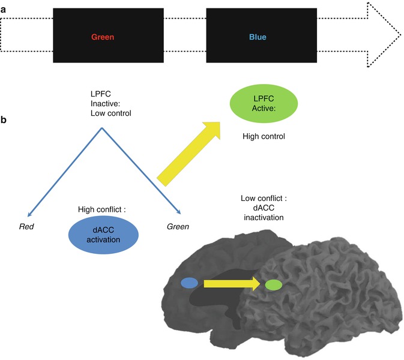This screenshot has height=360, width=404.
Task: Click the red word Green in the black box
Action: [x=103, y=37]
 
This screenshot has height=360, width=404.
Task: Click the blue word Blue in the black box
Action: [x=258, y=37]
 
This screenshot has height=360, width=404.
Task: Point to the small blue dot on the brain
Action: [x=189, y=283]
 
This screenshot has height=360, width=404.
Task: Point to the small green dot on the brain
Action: [x=274, y=285]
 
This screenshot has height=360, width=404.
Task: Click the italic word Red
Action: [x=25, y=226]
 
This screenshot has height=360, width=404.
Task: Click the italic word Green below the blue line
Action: [x=178, y=226]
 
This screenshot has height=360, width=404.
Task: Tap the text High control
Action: [x=264, y=137]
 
